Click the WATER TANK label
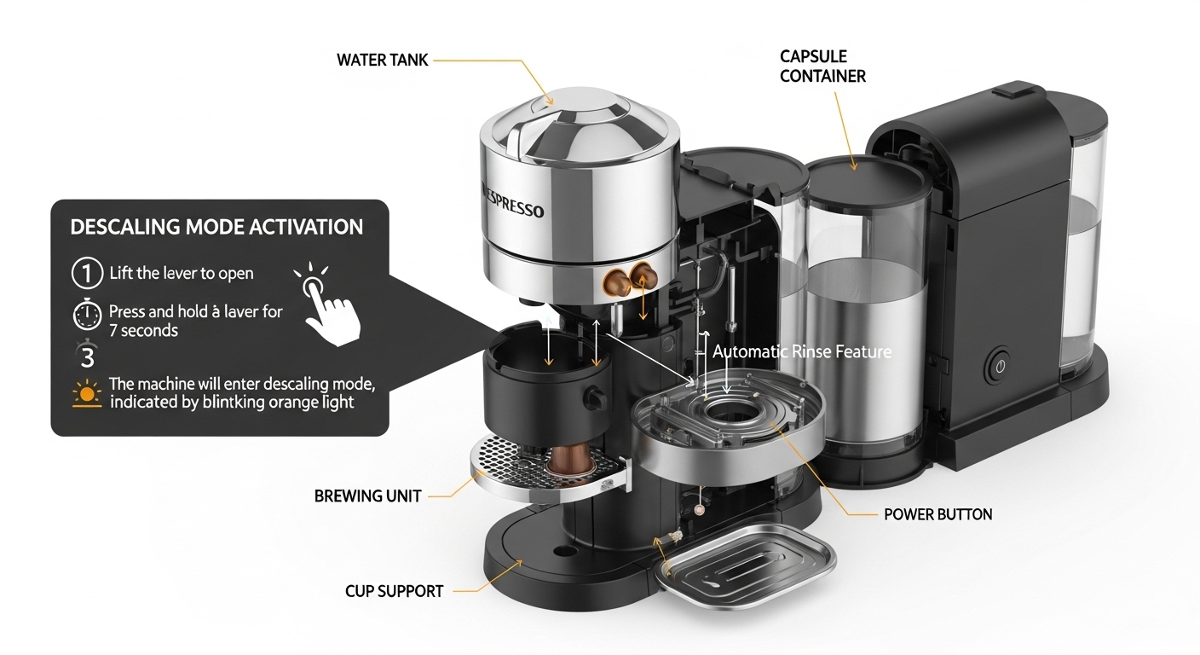coord(382,60)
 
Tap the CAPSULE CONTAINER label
coord(822,67)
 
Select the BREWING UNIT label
coord(367,496)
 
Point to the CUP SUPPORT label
coord(394,590)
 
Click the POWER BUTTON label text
coord(937,514)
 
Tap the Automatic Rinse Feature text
coord(801,351)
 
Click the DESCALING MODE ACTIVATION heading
coord(216,227)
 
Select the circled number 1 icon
coord(84,274)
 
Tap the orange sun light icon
coord(86,394)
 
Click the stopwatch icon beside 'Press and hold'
coord(86,317)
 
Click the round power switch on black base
coord(1000,368)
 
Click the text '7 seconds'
coord(143,331)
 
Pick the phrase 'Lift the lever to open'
coord(182,274)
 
